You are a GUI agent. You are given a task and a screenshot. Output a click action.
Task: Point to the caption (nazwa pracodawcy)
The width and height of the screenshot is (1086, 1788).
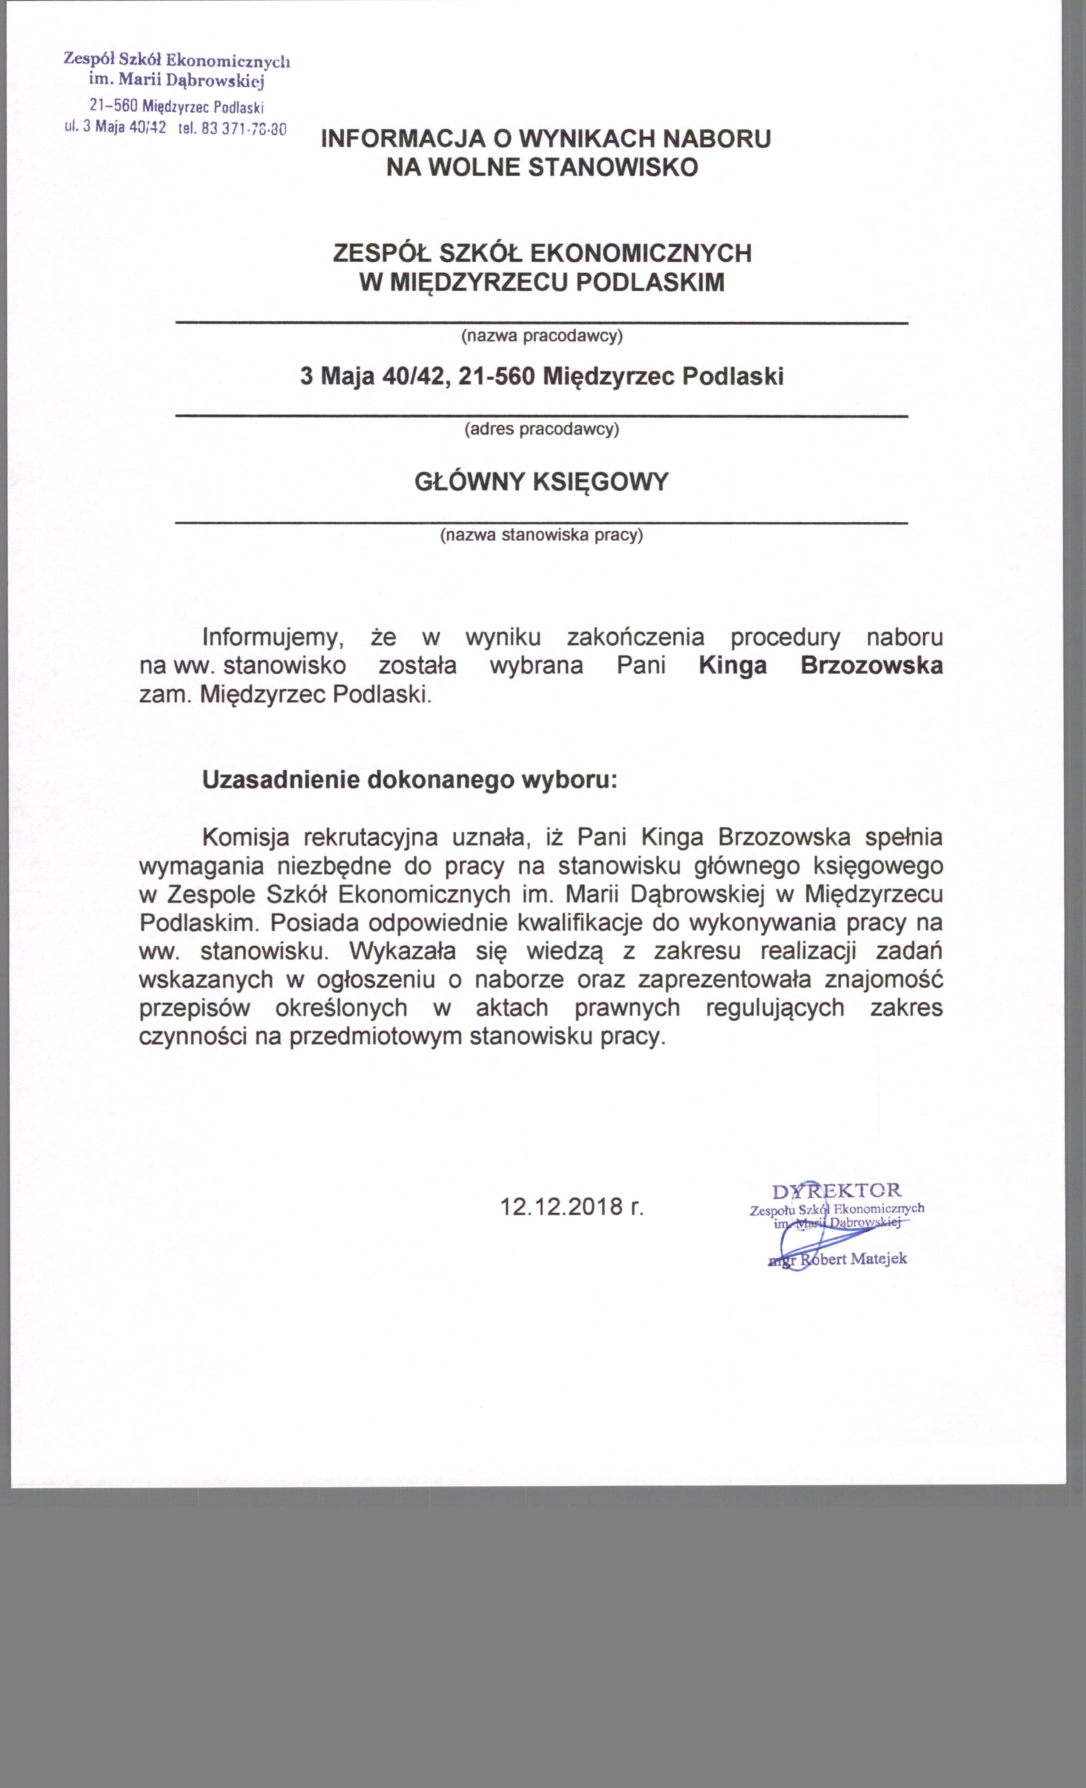tap(542, 336)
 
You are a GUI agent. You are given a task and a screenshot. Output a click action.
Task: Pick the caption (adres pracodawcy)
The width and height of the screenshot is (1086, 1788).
tap(542, 429)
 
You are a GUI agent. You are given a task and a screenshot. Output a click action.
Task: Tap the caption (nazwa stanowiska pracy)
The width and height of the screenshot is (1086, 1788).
tap(542, 536)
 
